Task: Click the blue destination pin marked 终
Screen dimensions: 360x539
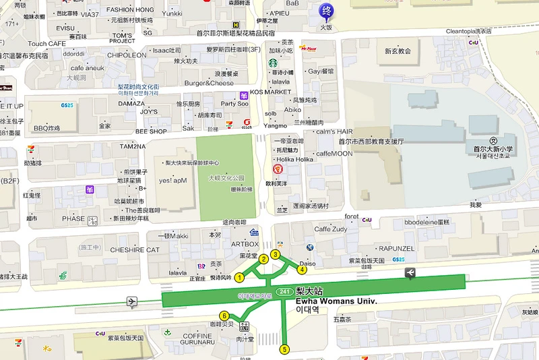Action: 326,11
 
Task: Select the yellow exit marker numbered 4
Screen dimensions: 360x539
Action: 303,270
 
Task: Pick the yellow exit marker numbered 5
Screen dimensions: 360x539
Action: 284,349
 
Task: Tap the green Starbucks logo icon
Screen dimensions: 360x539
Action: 265,63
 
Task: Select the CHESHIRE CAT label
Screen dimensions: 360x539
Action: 135,249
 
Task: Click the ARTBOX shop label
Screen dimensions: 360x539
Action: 245,244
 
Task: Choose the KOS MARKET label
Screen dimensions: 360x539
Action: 270,92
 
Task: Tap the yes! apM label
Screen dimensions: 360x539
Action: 172,181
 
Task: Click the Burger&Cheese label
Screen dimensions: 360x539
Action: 209,83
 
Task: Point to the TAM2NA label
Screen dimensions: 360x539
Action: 133,146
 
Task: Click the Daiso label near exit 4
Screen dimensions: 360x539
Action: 307,264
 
